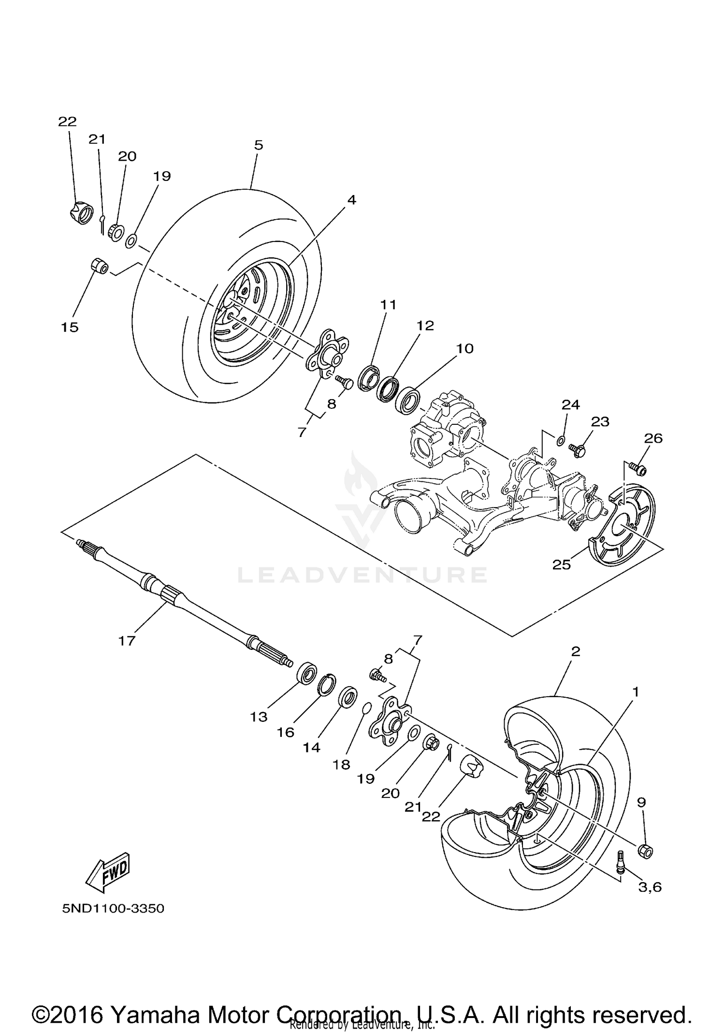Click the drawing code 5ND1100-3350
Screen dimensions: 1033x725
tap(113, 908)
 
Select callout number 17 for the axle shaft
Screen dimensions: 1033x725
tap(127, 642)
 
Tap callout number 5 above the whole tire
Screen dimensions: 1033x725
tap(259, 145)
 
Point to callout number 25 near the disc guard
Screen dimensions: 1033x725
tap(562, 565)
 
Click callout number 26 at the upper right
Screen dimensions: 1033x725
tap(653, 438)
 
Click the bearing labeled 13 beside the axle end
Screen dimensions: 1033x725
tap(306, 674)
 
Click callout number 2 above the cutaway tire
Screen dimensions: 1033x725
tap(575, 651)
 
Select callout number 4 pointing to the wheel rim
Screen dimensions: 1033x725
tap(351, 200)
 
